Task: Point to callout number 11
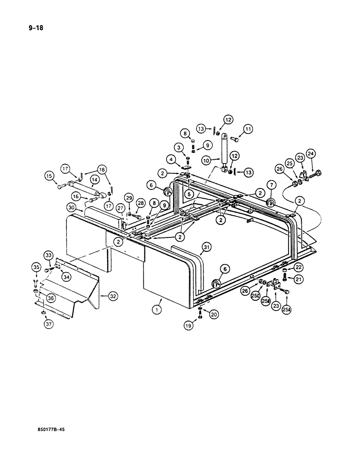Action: click(249, 130)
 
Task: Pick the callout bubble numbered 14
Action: click(95, 179)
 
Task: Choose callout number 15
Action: click(49, 175)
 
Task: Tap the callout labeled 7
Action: click(271, 185)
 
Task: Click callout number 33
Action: click(48, 254)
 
